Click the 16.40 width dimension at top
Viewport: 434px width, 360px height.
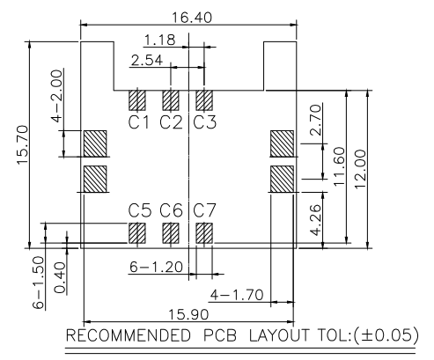[x=192, y=18]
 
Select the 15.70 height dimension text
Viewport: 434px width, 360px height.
[x=23, y=144]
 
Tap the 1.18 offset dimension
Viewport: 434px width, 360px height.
[x=160, y=40]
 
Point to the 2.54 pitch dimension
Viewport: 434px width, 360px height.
[x=147, y=61]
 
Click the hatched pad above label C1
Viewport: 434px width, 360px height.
[x=137, y=100]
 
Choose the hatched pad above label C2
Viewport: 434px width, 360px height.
[x=171, y=100]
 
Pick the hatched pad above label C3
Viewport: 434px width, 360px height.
[x=204, y=100]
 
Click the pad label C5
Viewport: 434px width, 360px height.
[x=140, y=210]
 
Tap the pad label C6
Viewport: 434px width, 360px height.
[x=171, y=210]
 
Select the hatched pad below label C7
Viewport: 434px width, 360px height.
[x=204, y=233]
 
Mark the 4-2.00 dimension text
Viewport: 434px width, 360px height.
[x=57, y=96]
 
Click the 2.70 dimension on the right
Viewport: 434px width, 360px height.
[x=316, y=120]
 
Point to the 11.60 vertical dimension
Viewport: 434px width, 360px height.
[x=339, y=166]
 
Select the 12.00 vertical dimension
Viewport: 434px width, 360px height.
[x=360, y=169]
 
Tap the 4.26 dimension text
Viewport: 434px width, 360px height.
[x=316, y=220]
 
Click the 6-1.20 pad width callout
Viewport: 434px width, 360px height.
[x=156, y=267]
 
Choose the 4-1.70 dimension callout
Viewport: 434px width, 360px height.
[x=237, y=295]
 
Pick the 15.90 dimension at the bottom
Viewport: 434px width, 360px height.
[x=188, y=315]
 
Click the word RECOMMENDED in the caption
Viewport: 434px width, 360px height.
[x=129, y=335]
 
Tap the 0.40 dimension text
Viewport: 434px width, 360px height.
[x=60, y=277]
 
